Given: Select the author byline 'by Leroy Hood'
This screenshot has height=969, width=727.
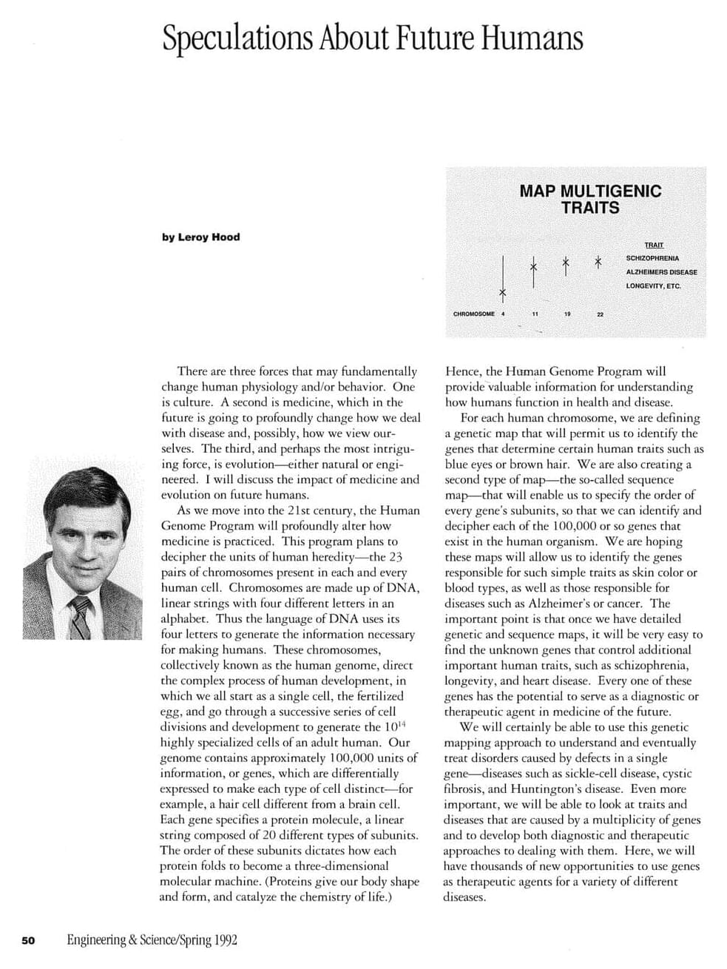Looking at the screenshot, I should (x=200, y=237).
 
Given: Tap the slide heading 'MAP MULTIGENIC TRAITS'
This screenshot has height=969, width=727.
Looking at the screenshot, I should (x=589, y=199).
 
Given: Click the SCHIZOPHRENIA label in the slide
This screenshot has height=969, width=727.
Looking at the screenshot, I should (x=652, y=258).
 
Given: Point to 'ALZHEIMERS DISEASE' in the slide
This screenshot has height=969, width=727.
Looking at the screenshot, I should (x=660, y=271).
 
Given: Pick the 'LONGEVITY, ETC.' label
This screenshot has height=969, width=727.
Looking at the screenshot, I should (x=653, y=286).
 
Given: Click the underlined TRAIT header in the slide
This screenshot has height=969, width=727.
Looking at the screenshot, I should (x=653, y=245).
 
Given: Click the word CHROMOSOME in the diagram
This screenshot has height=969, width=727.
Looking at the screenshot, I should (x=473, y=314).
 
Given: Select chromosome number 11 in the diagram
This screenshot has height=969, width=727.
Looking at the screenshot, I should (x=535, y=314).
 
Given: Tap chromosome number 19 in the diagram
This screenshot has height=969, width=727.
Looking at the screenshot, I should (x=567, y=314).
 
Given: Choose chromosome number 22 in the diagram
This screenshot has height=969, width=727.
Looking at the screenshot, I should (x=600, y=314).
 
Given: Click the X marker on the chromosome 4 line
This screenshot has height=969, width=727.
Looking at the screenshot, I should (x=502, y=294).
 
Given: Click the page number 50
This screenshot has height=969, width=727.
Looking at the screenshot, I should (x=29, y=941).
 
